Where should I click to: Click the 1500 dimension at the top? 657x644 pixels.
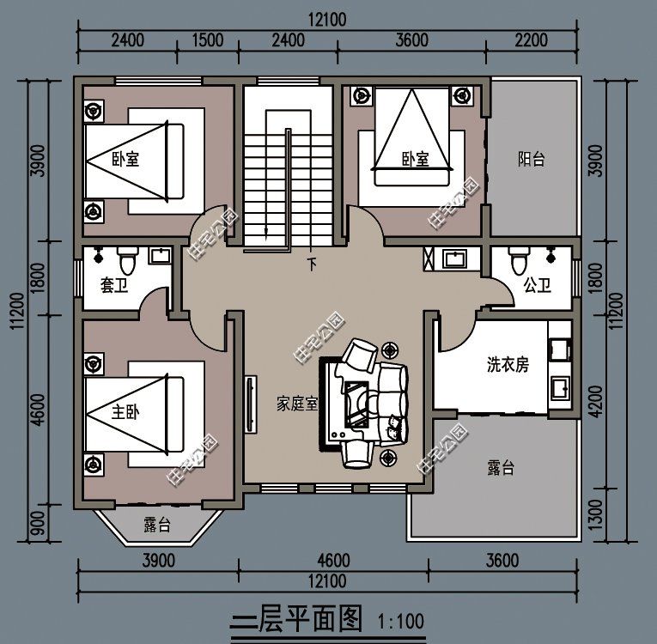coord(208,39)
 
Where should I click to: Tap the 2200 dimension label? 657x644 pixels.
coord(532,39)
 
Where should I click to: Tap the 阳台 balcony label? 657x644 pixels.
coord(531,159)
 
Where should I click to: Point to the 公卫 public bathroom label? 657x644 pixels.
coord(537,285)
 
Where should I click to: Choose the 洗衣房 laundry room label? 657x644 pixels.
coord(508,365)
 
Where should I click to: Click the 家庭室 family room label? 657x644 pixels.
coord(297,403)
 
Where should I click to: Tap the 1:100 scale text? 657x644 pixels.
coord(399,620)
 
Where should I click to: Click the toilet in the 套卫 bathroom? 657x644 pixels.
coord(127,258)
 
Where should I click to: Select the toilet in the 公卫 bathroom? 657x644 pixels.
coord(517,258)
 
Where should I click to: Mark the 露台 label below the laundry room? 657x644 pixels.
coord(500,468)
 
